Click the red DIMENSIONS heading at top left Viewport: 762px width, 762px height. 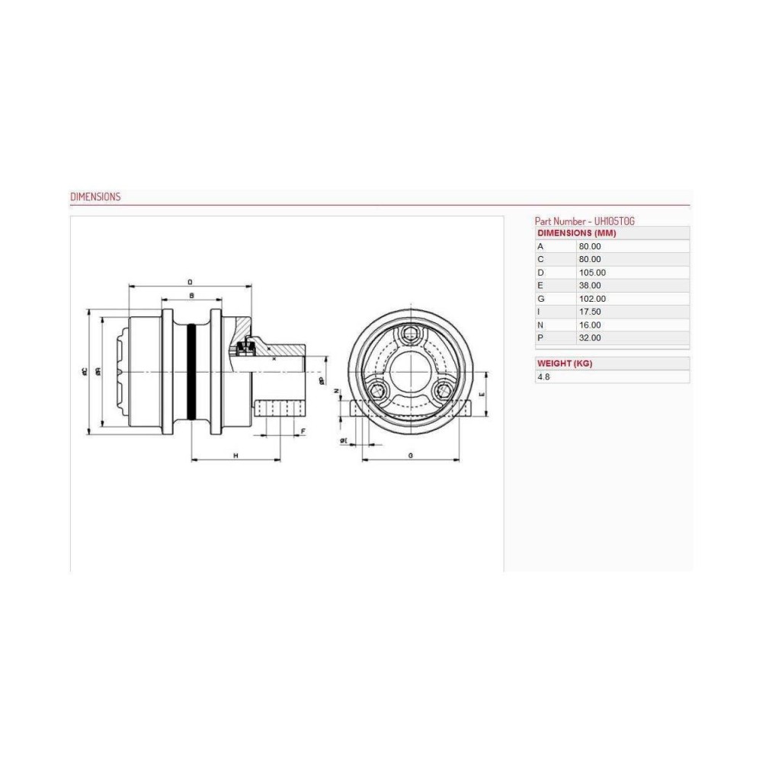click(x=95, y=197)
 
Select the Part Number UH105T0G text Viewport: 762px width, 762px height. click(x=584, y=220)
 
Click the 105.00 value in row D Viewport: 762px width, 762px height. click(x=593, y=272)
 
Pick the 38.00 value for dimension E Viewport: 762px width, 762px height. click(x=591, y=285)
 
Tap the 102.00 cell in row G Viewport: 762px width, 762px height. click(x=593, y=299)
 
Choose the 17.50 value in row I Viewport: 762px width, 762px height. click(x=591, y=312)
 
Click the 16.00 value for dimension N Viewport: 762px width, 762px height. click(x=591, y=325)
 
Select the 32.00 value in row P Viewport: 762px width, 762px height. click(x=591, y=338)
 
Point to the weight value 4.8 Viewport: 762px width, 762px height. click(x=543, y=376)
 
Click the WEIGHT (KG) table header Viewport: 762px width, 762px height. click(x=565, y=363)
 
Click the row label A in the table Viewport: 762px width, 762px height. click(x=540, y=246)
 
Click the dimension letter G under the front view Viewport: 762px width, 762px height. click(x=411, y=455)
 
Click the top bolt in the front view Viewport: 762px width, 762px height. click(x=411, y=333)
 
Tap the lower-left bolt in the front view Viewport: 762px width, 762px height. click(x=377, y=392)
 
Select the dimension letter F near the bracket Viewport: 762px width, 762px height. click(x=303, y=432)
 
